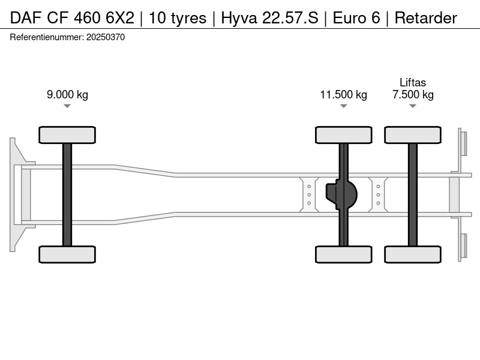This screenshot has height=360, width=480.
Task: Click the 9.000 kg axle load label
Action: click(67, 95)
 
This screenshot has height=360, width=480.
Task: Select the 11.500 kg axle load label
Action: click(343, 95)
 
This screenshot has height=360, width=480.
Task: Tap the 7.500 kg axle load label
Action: click(413, 95)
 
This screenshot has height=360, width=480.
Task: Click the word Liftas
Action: click(413, 82)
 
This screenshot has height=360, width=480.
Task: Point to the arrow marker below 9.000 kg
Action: click(67, 106)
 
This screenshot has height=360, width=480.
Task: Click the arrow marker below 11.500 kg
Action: click(343, 106)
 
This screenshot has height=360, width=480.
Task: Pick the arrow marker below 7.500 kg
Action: click(413, 106)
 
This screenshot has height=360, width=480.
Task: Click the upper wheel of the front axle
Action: click(67, 135)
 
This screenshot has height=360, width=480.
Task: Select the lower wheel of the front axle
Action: click(67, 254)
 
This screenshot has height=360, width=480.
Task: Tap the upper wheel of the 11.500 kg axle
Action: click(343, 135)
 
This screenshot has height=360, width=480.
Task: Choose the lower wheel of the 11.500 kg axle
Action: click(343, 254)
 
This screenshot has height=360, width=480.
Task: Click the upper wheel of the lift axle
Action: click(413, 135)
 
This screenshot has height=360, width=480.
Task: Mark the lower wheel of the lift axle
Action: click(413, 254)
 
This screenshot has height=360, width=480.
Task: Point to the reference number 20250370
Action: click(106, 37)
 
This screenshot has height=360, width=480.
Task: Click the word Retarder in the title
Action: click(426, 18)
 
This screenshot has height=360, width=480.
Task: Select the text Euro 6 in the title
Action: click(356, 18)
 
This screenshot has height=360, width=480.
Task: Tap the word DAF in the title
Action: click(26, 18)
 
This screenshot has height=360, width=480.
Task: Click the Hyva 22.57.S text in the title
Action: click(269, 18)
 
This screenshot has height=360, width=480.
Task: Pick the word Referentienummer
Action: click(47, 37)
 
